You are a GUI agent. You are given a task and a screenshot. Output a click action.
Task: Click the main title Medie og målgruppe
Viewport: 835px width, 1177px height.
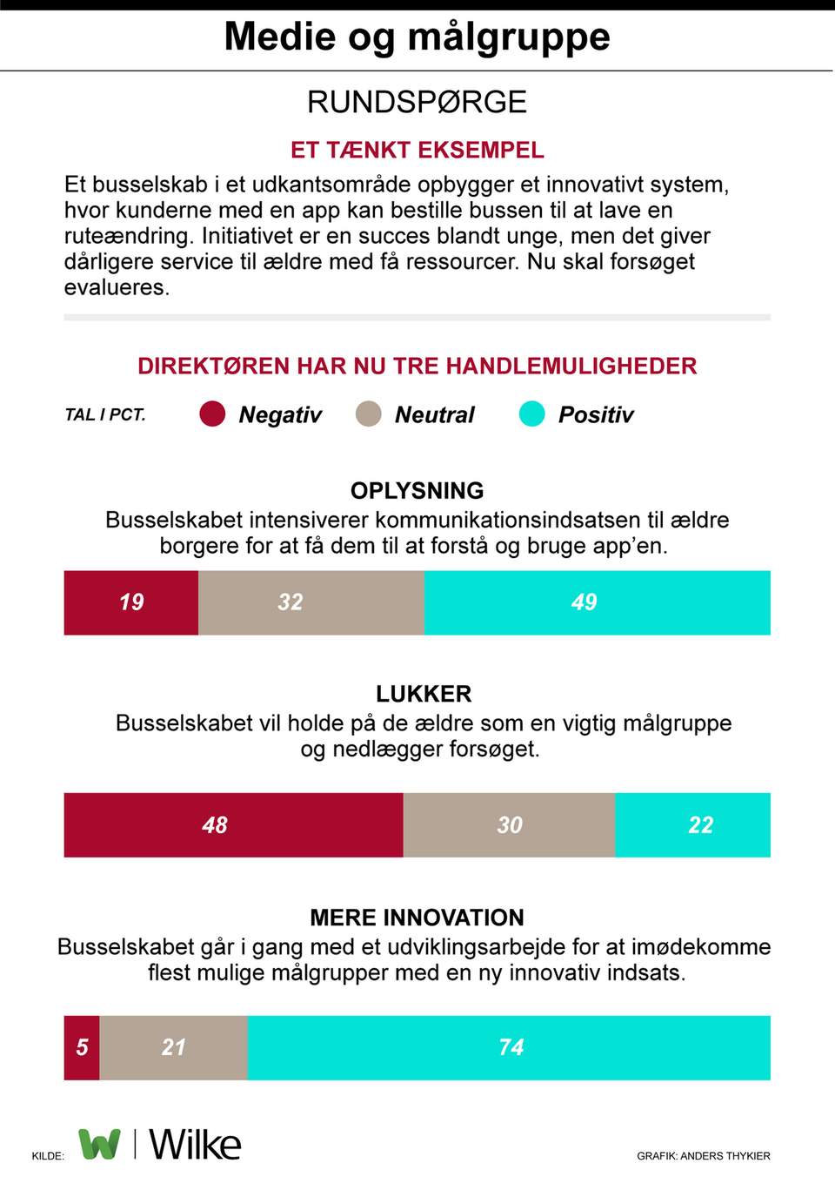point(417,37)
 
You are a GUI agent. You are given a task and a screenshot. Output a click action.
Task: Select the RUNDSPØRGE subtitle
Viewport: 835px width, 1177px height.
point(417,102)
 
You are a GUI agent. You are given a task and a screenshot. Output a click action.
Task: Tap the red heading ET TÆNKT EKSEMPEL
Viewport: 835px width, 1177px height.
point(417,150)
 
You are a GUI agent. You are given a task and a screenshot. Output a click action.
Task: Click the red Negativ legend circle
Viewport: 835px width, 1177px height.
point(212,414)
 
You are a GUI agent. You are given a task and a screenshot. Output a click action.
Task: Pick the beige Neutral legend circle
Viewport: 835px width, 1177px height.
point(369,414)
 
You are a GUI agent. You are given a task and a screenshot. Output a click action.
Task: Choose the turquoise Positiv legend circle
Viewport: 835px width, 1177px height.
point(531,414)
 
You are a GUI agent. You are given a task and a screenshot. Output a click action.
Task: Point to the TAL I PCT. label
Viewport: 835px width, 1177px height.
point(104,414)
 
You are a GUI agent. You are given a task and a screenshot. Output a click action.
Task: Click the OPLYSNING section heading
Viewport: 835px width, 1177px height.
point(417,490)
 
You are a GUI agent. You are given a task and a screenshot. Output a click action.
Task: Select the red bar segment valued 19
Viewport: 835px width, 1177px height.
point(131,602)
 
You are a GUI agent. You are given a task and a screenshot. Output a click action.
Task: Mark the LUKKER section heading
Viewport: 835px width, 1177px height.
point(424,694)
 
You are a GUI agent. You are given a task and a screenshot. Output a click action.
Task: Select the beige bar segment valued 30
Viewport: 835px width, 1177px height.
point(509,824)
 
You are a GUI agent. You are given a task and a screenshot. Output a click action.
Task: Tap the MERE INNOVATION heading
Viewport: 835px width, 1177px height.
point(417,918)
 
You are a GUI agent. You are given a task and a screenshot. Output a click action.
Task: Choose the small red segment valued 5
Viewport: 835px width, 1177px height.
point(82,1047)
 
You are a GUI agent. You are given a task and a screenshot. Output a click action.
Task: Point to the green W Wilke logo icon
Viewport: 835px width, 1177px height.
point(100,1143)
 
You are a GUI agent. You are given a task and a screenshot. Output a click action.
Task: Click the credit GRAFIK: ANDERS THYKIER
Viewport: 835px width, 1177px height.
point(703,1156)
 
